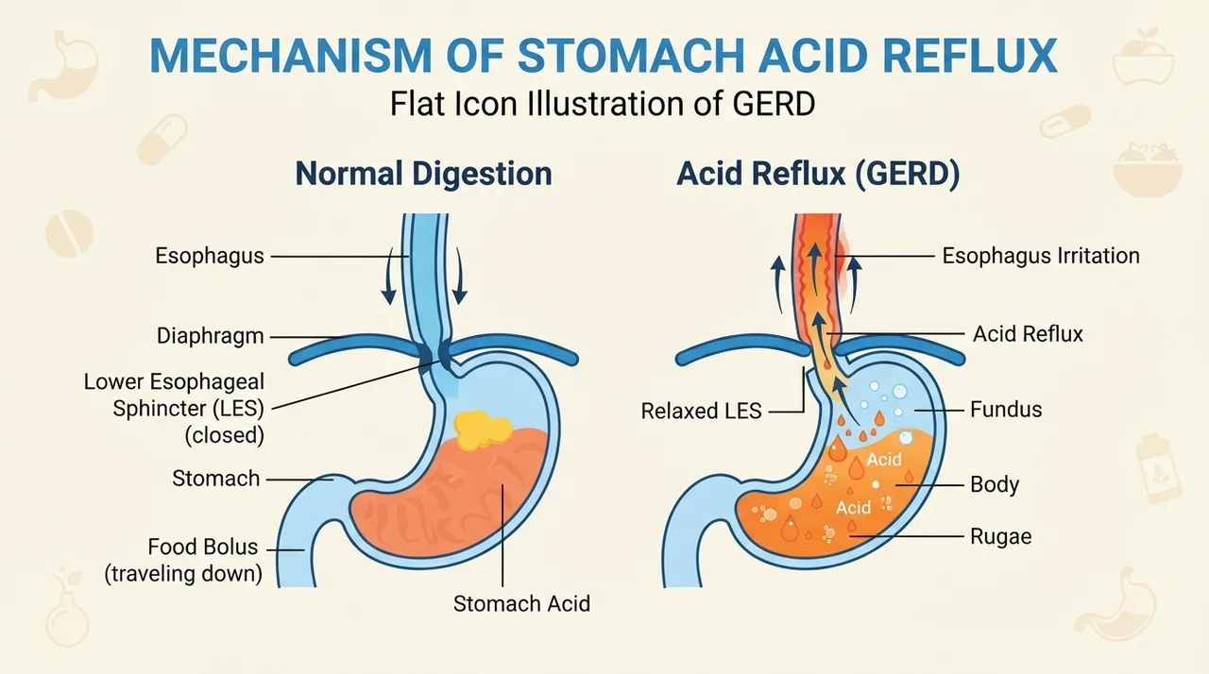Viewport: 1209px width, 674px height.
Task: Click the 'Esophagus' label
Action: pos(210,256)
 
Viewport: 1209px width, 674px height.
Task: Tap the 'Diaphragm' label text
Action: pos(211,336)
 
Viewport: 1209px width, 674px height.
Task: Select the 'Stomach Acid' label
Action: pos(521,604)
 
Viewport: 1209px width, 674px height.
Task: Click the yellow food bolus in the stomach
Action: pos(482,430)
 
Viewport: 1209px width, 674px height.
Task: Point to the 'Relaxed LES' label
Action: pos(701,411)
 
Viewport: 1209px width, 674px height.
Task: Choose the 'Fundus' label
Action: pos(1006,410)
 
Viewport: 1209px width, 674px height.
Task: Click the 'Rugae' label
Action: pos(1000,536)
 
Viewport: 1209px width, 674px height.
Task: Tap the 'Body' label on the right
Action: pos(995,484)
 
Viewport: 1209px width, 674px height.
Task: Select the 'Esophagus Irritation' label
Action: pos(1041,256)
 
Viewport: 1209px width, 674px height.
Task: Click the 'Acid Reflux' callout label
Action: pos(1028,334)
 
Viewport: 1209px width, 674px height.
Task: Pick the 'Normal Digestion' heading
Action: pos(424,174)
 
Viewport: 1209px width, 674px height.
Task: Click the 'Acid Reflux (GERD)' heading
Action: pos(818,174)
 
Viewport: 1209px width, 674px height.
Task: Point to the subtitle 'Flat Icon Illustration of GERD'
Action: pos(603,104)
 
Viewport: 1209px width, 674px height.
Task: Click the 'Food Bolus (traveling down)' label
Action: pos(183,560)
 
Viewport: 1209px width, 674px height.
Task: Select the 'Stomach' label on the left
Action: pos(216,479)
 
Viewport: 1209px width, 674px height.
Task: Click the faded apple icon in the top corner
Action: pos(1144,57)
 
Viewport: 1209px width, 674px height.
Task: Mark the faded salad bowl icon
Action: pos(1148,170)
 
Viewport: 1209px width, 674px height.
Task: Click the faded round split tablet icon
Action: pos(69,233)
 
